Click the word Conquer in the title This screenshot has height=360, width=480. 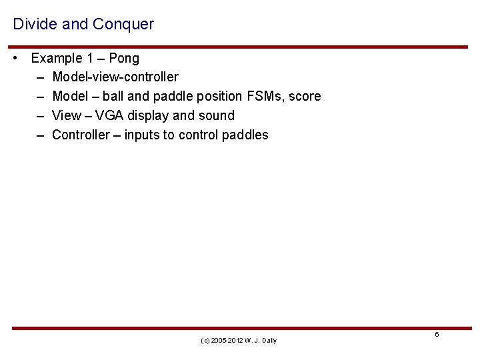tap(124, 25)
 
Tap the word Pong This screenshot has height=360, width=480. tap(124, 58)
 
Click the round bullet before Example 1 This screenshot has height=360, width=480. tap(16, 58)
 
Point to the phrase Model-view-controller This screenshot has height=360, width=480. tap(115, 77)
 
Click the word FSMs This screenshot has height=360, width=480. tap(263, 97)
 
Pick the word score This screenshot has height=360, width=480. tap(305, 97)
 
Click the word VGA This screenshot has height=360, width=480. tap(109, 116)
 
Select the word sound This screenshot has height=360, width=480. tap(216, 116)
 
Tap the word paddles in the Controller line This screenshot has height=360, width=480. tap(245, 135)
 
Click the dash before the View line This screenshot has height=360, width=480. tap(40, 116)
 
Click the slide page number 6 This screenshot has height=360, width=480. tap(437, 335)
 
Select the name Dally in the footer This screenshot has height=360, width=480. tap(269, 341)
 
